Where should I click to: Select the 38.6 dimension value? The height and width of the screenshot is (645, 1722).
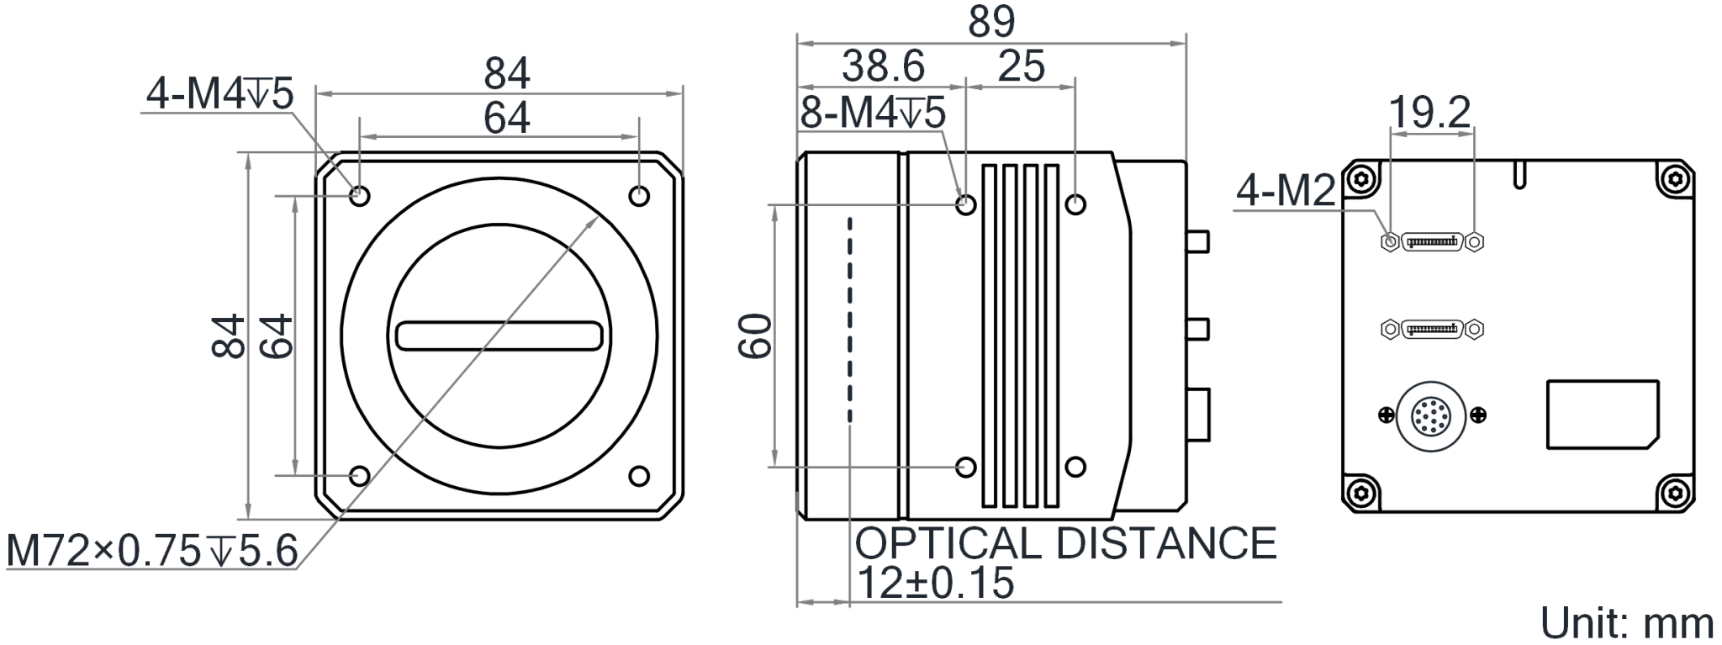[x=883, y=66]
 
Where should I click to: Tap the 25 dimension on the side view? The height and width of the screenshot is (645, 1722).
[x=1021, y=66]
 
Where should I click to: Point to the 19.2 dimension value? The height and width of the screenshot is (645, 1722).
[x=1429, y=113]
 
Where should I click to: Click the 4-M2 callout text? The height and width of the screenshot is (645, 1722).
[x=1286, y=192]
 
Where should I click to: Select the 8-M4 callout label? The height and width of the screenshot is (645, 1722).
[x=873, y=113]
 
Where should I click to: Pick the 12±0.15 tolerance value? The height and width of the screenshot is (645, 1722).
[x=934, y=583]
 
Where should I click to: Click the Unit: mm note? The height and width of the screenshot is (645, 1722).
[x=1626, y=623]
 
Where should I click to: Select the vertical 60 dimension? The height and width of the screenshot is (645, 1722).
[x=755, y=336]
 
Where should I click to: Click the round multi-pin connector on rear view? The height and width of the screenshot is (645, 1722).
[x=1430, y=415]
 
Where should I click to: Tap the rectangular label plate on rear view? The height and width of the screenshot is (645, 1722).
[x=1603, y=415]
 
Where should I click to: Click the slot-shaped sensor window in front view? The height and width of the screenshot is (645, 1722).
[x=499, y=336]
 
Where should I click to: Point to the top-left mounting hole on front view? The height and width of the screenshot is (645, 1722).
[x=360, y=196]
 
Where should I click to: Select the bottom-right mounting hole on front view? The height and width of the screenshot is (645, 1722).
[x=639, y=476]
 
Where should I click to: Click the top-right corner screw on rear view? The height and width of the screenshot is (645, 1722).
[x=1675, y=178]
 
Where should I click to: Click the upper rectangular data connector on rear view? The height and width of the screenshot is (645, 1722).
[x=1432, y=242]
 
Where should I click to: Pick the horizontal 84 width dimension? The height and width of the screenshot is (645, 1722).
[x=506, y=74]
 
